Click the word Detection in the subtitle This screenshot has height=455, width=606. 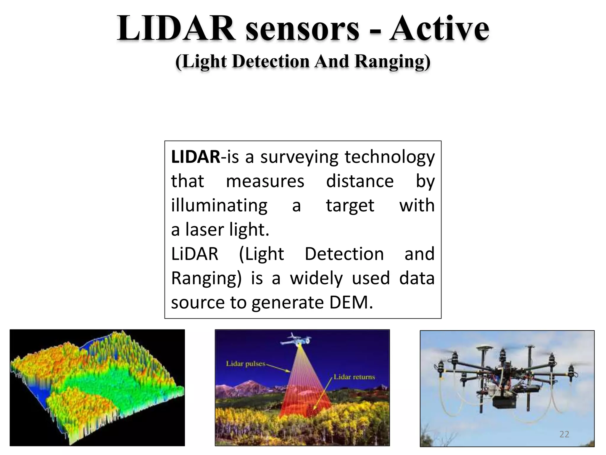tap(271, 62)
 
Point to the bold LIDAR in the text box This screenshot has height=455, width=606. tap(196, 157)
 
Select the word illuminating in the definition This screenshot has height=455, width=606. tap(219, 206)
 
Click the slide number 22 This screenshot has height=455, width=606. tap(564, 434)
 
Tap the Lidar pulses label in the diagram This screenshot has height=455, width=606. tap(246, 363)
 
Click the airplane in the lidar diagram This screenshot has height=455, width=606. tap(295, 340)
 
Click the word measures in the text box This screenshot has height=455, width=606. tap(265, 181)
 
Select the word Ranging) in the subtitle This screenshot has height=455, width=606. tap(393, 62)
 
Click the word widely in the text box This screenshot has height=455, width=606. tap(316, 278)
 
